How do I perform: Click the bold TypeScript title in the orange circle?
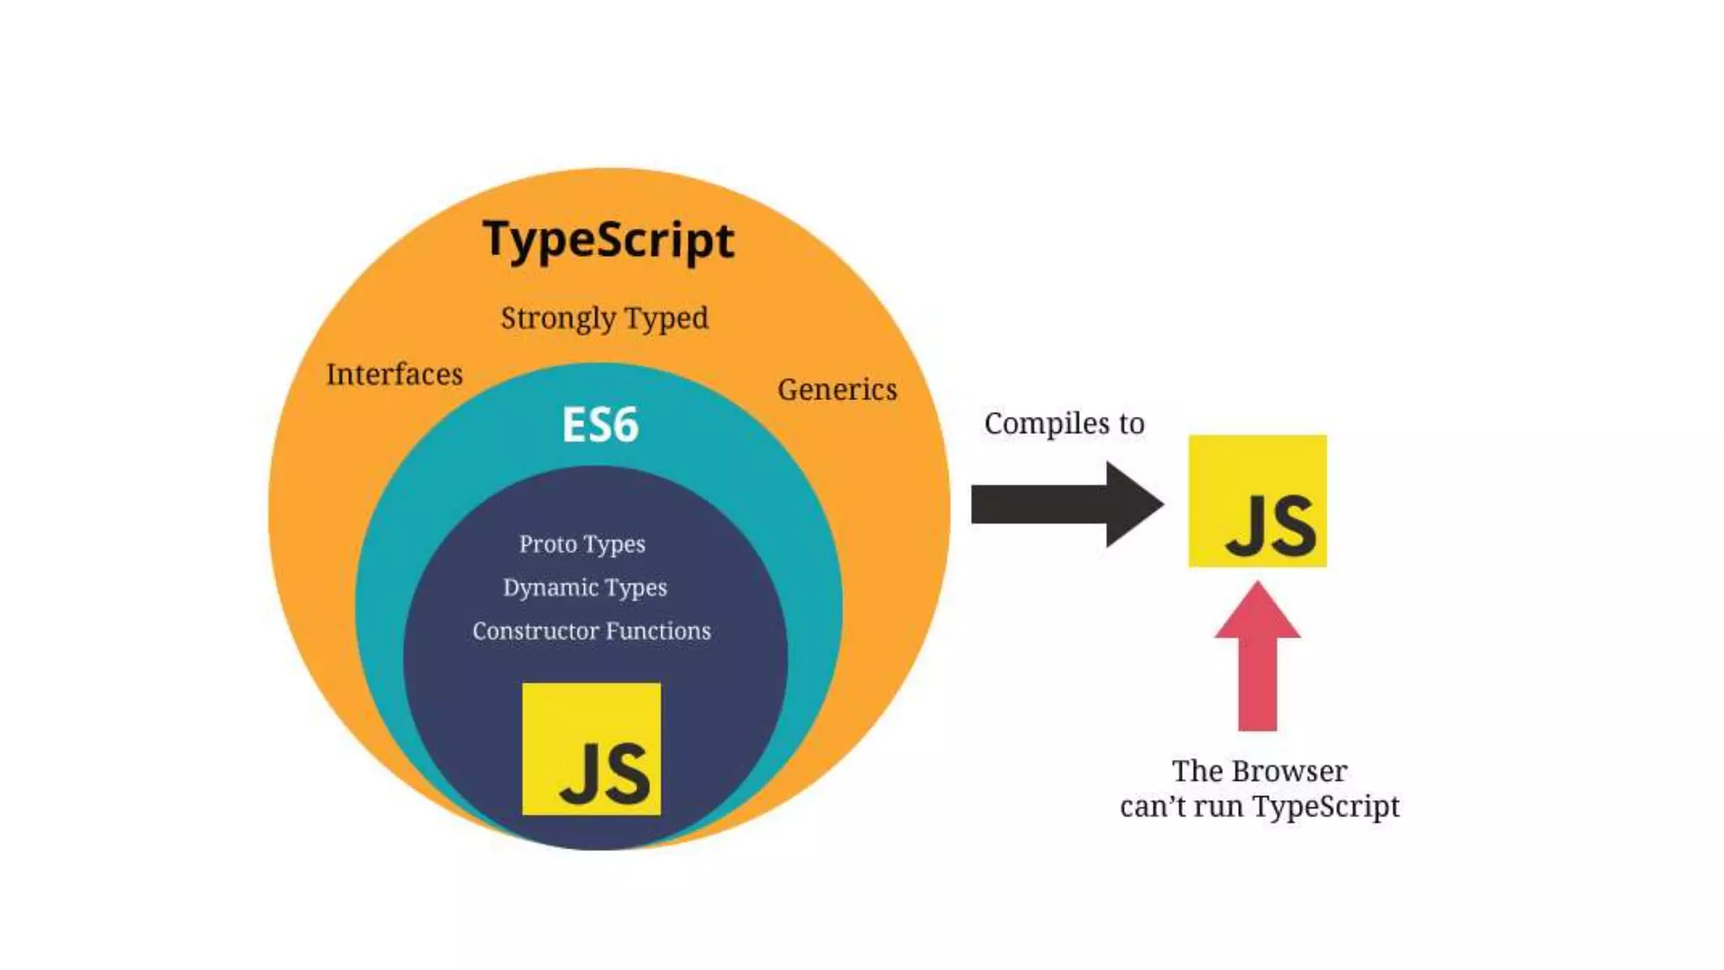coord(608,240)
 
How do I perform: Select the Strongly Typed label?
coord(604,318)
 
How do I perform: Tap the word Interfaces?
coord(394,374)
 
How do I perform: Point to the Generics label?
coord(837,390)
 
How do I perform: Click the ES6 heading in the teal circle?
coord(600,424)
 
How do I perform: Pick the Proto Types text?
coord(582,544)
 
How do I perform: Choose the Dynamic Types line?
coord(584,587)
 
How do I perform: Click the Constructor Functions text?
coord(591,631)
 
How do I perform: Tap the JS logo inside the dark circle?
coord(591,749)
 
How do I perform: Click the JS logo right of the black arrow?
coord(1257,501)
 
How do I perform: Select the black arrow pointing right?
coord(1066,504)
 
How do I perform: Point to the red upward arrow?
coord(1257,657)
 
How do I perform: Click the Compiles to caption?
coord(1064,424)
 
